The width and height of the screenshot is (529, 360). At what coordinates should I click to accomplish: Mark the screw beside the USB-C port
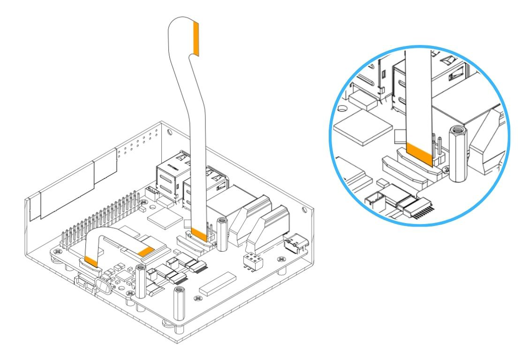point(281,259)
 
